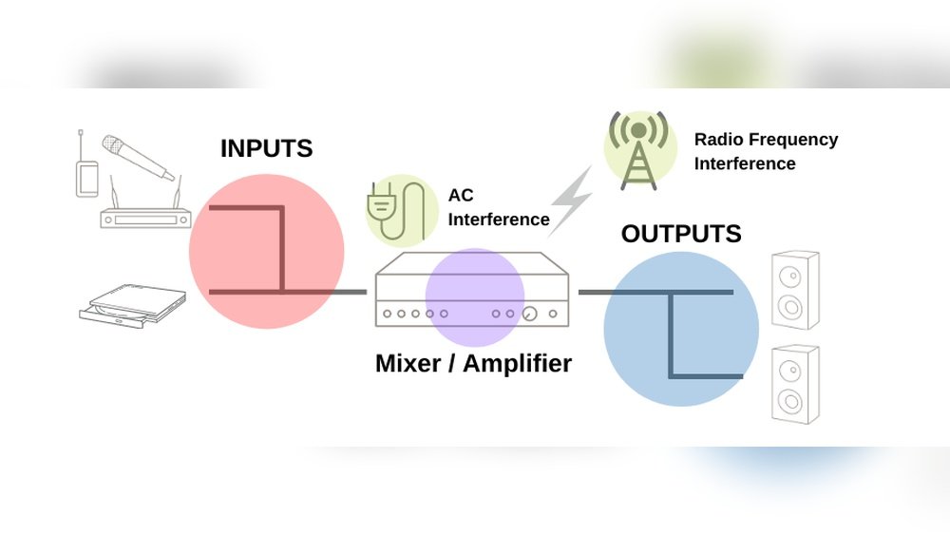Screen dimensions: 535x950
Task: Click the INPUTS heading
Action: [266, 149]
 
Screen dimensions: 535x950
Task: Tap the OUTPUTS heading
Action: [681, 234]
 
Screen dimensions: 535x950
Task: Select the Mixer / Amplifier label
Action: [473, 363]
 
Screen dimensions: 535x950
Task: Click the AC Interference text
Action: [498, 207]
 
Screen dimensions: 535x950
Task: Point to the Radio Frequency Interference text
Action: [766, 151]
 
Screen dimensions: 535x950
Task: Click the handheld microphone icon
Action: [139, 158]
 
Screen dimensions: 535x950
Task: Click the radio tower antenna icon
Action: [639, 148]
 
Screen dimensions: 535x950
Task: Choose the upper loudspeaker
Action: [794, 289]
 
